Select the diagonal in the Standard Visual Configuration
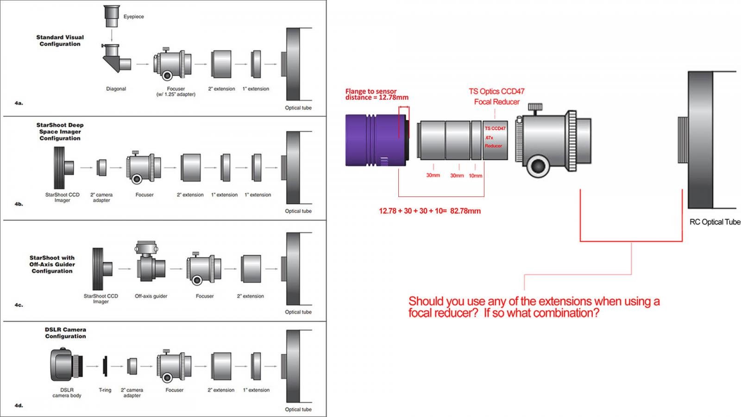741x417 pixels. click(115, 60)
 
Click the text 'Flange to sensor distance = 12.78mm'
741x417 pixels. click(377, 95)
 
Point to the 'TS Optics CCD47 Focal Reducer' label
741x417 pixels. click(496, 96)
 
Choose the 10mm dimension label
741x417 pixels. click(475, 176)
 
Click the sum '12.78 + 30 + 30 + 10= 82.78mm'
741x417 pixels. click(429, 211)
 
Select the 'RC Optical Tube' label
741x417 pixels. click(715, 222)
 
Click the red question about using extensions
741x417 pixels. click(534, 307)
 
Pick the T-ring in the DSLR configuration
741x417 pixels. click(106, 366)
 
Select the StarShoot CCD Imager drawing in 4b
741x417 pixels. click(63, 167)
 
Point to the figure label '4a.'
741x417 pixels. click(19, 103)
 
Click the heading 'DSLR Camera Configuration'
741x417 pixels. click(65, 333)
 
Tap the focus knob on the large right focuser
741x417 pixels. click(537, 165)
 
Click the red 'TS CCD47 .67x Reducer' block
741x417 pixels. click(495, 140)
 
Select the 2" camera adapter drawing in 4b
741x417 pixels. click(101, 167)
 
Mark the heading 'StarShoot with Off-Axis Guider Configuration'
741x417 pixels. click(52, 264)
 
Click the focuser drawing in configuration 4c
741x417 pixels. click(203, 269)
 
